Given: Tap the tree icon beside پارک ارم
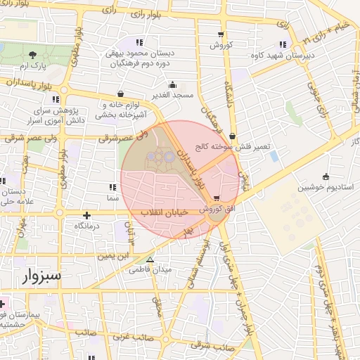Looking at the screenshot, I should (33, 54).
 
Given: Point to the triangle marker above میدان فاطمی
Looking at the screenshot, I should (150, 259).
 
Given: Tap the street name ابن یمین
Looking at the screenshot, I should (113, 256).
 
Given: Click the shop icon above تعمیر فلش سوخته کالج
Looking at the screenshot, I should (232, 136).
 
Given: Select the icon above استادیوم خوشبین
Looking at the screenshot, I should (325, 176).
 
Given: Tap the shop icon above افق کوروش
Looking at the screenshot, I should (217, 198).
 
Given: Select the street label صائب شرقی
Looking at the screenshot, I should (212, 347).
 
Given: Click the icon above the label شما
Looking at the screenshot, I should (112, 187).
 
